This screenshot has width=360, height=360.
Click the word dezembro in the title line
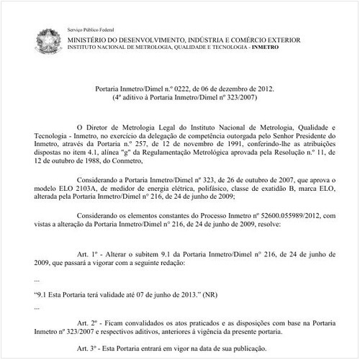215,87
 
